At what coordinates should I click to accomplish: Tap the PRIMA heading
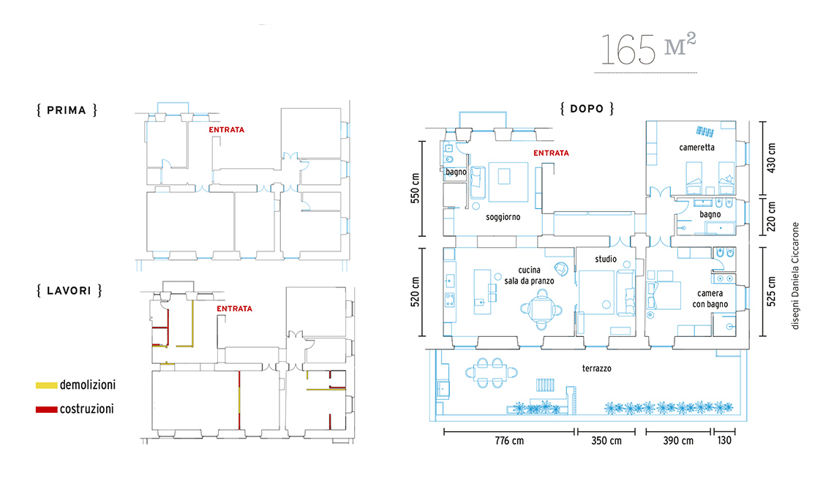(x=67, y=110)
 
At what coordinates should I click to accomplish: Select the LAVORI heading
(x=69, y=290)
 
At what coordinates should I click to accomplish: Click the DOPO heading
(x=587, y=108)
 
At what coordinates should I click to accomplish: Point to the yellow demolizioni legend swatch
(x=46, y=385)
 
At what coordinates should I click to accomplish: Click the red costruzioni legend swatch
(x=46, y=409)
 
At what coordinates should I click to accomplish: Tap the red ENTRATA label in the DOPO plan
(x=551, y=153)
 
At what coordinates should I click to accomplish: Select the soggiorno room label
(x=503, y=217)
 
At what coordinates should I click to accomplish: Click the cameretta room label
(x=696, y=147)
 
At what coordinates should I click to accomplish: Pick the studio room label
(x=606, y=259)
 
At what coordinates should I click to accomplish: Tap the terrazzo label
(x=597, y=368)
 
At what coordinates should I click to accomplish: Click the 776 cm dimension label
(x=509, y=441)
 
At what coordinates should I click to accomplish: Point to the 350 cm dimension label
(x=606, y=441)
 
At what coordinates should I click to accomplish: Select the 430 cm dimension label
(x=771, y=157)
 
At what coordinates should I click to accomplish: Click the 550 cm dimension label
(x=415, y=188)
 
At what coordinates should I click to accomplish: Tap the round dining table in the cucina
(x=541, y=308)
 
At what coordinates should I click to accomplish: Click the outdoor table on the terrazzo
(x=490, y=373)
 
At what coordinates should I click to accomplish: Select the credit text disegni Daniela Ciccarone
(x=795, y=276)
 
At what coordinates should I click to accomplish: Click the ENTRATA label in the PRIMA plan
(x=227, y=129)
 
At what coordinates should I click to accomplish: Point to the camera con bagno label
(x=710, y=299)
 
